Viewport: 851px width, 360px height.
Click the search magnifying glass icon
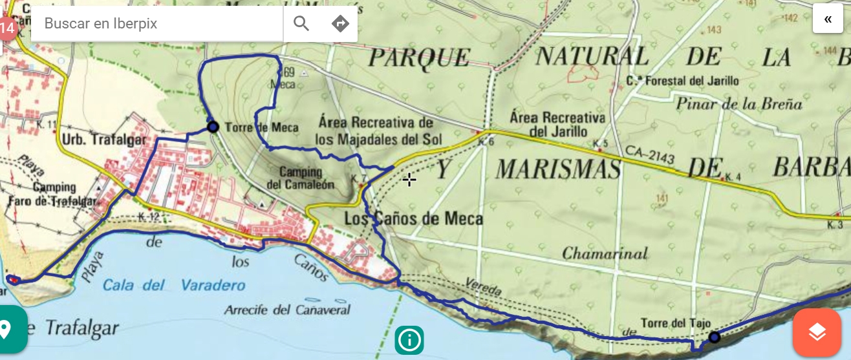(x=301, y=24)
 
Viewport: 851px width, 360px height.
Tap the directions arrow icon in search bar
(x=340, y=24)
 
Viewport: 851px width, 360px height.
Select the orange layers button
(x=817, y=332)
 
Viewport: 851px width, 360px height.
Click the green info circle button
(x=409, y=339)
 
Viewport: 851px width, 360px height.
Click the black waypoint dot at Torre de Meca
(x=213, y=127)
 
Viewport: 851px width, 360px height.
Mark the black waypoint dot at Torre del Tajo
(x=714, y=337)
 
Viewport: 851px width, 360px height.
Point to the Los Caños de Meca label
(x=414, y=218)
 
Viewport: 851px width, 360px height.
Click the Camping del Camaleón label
(x=301, y=178)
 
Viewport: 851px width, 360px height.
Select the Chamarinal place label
(x=605, y=253)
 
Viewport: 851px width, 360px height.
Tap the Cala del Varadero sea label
(x=166, y=285)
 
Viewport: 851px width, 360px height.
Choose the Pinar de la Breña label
(x=739, y=103)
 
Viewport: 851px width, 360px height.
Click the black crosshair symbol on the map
(x=409, y=180)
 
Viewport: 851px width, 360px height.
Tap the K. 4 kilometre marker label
(x=733, y=177)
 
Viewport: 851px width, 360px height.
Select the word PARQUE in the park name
(x=419, y=57)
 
